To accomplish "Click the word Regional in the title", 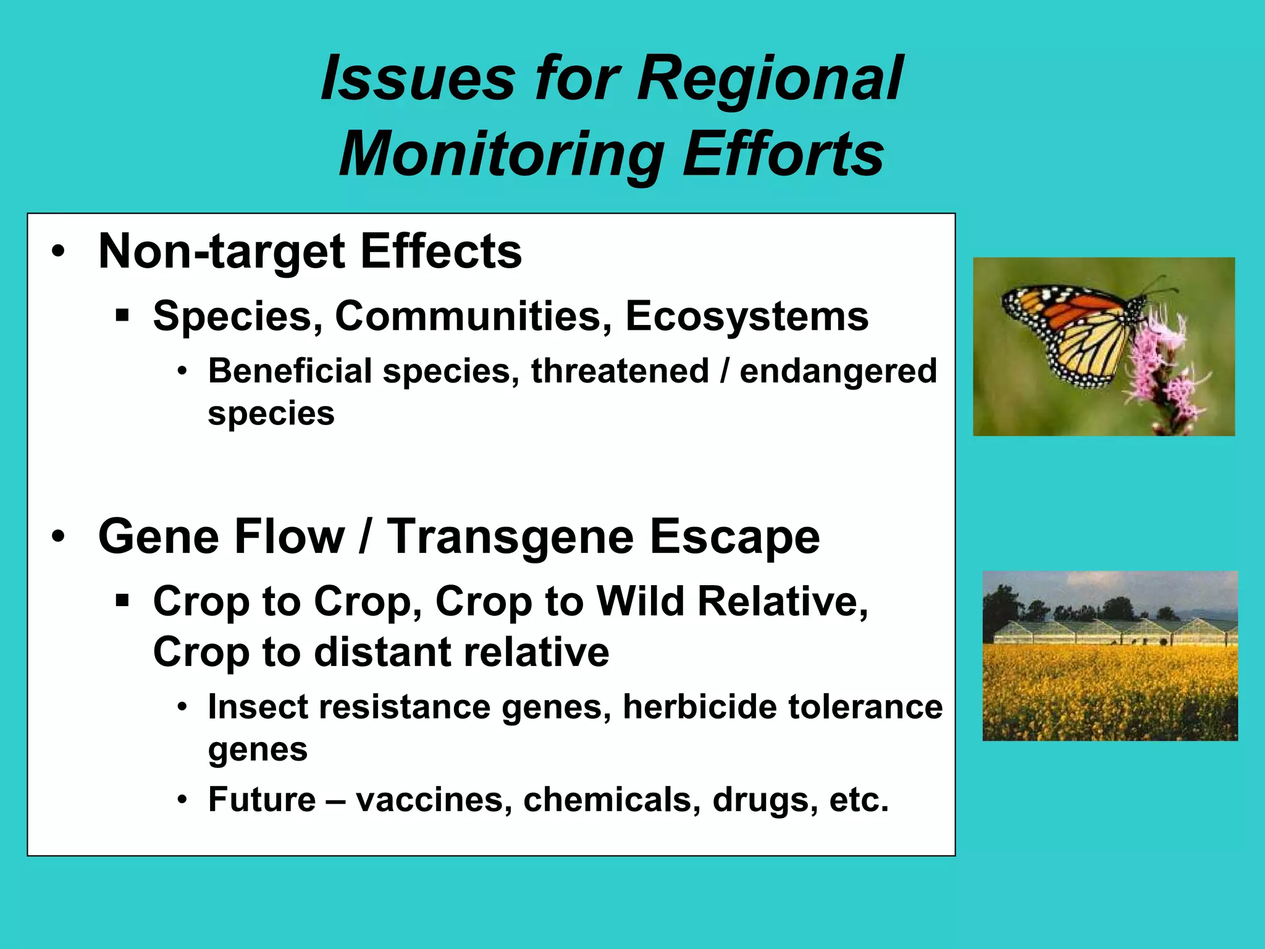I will pos(769,79).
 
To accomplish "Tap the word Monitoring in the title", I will pos(501,154).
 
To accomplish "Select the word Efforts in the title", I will pos(783,154).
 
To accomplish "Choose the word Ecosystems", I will pos(746,316).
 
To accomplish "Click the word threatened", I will pos(620,371).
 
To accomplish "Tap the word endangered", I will pos(838,372).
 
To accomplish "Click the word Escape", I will pos(734,536).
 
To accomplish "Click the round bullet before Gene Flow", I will pos(58,536).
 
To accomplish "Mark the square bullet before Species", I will pos(122,316).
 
